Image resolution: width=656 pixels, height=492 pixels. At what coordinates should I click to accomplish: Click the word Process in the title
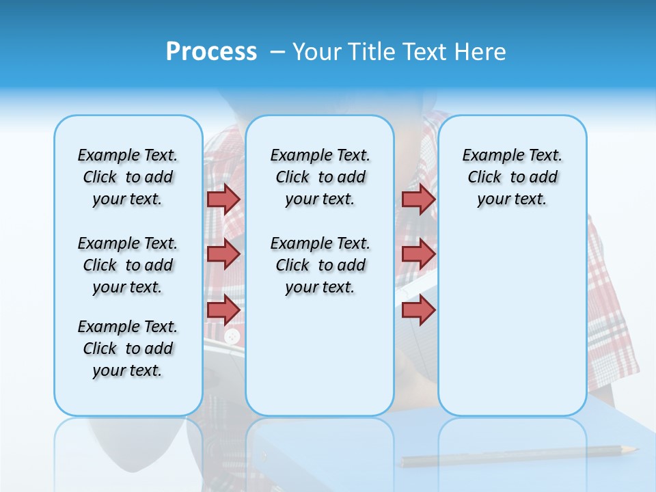211,52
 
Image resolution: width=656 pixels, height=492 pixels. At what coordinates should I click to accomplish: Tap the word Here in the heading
480,52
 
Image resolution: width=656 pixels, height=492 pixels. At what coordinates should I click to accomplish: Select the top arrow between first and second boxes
223,199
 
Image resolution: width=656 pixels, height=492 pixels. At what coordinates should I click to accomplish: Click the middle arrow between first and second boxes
223,254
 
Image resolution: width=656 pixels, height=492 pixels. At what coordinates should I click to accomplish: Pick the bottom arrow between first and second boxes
223,310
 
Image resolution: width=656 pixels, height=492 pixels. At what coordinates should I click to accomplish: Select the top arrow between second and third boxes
418,199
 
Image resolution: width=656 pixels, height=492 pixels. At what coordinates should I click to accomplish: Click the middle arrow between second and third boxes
418,254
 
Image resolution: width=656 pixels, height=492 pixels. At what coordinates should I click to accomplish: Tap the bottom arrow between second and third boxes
418,310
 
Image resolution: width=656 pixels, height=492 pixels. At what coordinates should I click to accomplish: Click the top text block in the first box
128,177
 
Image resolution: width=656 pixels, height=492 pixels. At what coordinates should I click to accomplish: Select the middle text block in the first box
128,265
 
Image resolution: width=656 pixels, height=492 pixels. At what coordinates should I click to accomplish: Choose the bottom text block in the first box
128,348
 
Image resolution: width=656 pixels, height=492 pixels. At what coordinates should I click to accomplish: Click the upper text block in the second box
320,177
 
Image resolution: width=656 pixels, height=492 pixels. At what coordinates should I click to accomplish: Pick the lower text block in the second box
320,265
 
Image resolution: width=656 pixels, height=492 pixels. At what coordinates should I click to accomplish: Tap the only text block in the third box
512,177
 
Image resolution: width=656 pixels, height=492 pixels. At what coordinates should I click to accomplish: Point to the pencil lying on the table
519,456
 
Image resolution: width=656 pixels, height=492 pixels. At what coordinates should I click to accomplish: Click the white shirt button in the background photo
232,336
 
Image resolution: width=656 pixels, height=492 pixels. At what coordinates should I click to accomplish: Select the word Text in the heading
426,52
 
